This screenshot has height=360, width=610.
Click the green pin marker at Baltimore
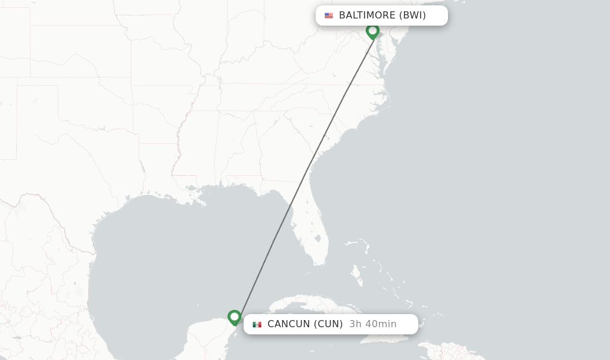pos(373,30)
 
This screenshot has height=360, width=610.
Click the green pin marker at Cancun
pos(234,317)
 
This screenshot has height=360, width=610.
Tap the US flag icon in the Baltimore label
pos(329,15)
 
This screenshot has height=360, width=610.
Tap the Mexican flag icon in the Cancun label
pos(257,324)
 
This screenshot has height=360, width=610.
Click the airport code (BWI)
pos(413,15)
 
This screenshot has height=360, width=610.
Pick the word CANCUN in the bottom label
pos(289,324)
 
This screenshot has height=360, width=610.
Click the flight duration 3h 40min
pos(373,324)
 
